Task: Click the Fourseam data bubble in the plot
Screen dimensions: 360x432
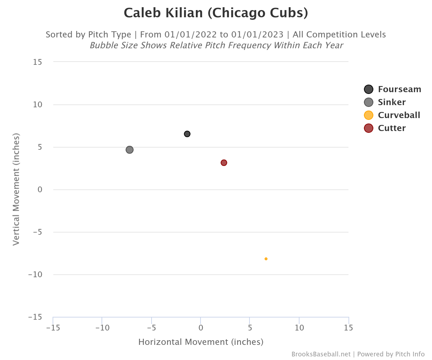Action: coord(187,134)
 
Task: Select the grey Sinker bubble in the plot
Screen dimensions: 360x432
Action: coord(130,150)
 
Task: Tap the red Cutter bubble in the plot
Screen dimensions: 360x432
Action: coord(224,163)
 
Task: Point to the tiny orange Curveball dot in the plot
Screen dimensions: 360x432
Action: coord(266,259)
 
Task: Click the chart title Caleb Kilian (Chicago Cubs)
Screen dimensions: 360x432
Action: coord(216,13)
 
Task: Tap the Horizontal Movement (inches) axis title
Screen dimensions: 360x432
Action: coord(201,342)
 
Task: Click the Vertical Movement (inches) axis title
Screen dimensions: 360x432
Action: coord(16,189)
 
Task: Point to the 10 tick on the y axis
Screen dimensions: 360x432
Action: coord(37,104)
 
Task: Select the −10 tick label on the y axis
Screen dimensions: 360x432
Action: coord(35,274)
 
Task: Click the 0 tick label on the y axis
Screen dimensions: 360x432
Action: coord(40,189)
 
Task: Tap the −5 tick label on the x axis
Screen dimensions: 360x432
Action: coord(151,328)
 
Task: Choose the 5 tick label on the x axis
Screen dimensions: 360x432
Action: coord(250,328)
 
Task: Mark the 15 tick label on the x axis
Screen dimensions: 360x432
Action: coord(348,328)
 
